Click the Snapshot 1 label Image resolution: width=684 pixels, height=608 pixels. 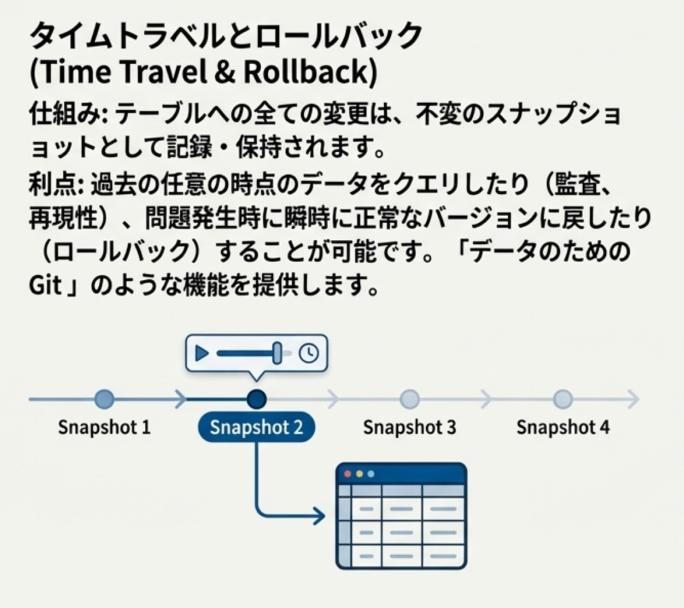coord(104,428)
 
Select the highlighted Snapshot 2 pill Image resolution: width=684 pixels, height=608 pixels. coord(256,428)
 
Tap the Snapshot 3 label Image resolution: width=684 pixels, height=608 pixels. coord(409,428)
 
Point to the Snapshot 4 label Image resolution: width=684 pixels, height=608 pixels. coord(562,428)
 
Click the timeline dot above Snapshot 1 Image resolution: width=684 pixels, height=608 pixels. coord(104,400)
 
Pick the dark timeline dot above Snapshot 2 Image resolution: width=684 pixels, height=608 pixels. coord(256,400)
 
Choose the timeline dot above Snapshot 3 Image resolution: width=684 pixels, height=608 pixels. coord(409,400)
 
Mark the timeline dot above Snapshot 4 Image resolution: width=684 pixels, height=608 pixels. coord(563,400)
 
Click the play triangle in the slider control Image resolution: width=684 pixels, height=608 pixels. coord(202,353)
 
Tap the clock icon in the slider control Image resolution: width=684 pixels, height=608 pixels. coord(308,353)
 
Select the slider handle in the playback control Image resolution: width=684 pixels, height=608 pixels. coord(277,353)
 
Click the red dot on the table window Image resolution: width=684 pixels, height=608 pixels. coord(347,474)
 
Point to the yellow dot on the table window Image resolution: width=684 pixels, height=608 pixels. coord(359,474)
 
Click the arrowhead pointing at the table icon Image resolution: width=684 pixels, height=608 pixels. coord(319,515)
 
